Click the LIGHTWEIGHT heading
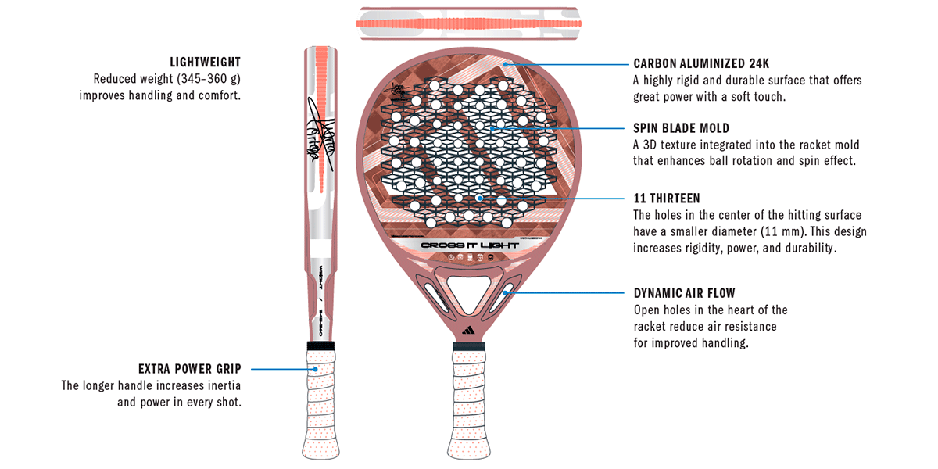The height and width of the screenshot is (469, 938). click(205, 62)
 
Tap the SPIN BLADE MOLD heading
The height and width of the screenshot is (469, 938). click(681, 127)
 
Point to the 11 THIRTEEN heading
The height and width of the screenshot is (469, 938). click(666, 198)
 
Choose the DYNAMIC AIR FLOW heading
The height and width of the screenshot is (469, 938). click(684, 293)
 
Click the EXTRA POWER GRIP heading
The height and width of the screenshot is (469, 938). click(189, 368)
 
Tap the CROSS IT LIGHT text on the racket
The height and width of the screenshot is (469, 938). click(469, 245)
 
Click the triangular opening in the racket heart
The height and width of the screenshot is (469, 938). click(469, 285)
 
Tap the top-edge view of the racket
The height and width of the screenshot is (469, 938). click(469, 23)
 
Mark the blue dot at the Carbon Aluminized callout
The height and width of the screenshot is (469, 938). click(507, 63)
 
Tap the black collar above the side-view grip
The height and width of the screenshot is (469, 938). click(321, 345)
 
